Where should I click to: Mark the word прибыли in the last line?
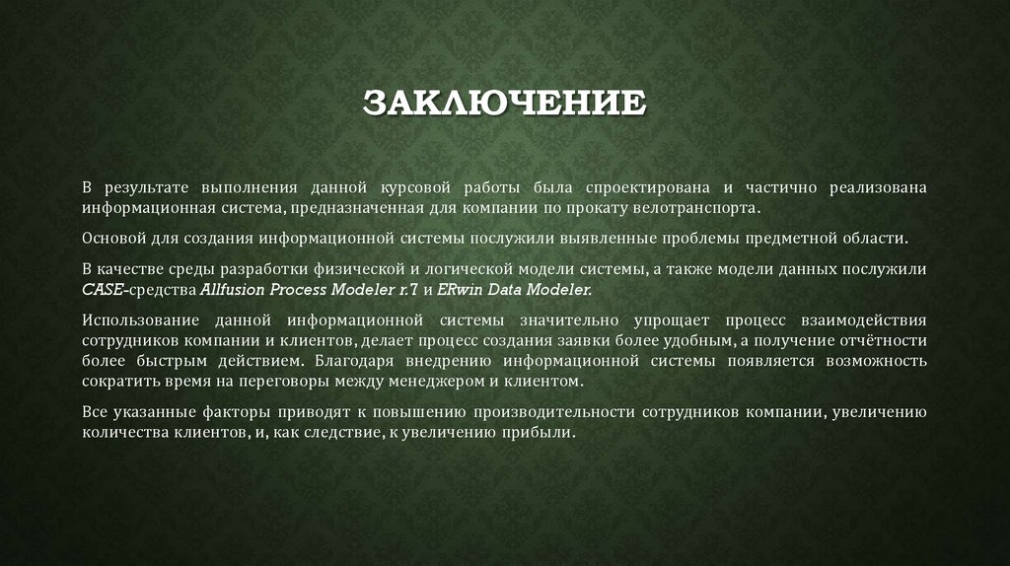(x=538, y=433)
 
